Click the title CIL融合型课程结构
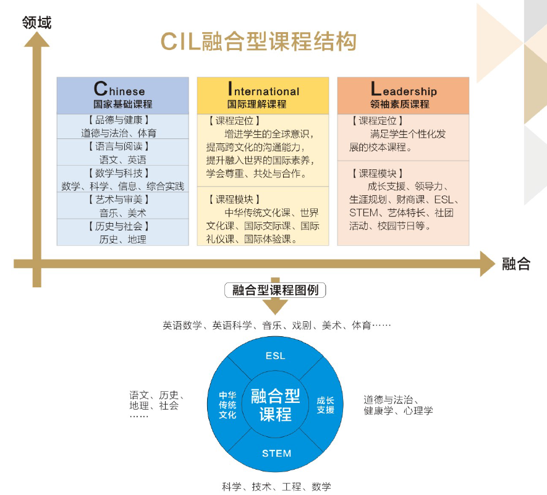[x=258, y=42]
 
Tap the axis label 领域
[x=36, y=23]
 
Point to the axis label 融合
[x=516, y=264]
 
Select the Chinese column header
[x=122, y=96]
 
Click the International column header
[x=263, y=96]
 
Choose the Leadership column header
[x=403, y=96]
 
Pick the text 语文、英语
[x=122, y=159]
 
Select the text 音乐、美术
[x=122, y=213]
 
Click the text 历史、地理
[x=122, y=239]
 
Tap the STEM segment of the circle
[x=276, y=453]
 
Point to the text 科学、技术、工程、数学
[x=276, y=486]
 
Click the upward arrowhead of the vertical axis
[x=36, y=38]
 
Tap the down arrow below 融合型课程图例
[x=275, y=306]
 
